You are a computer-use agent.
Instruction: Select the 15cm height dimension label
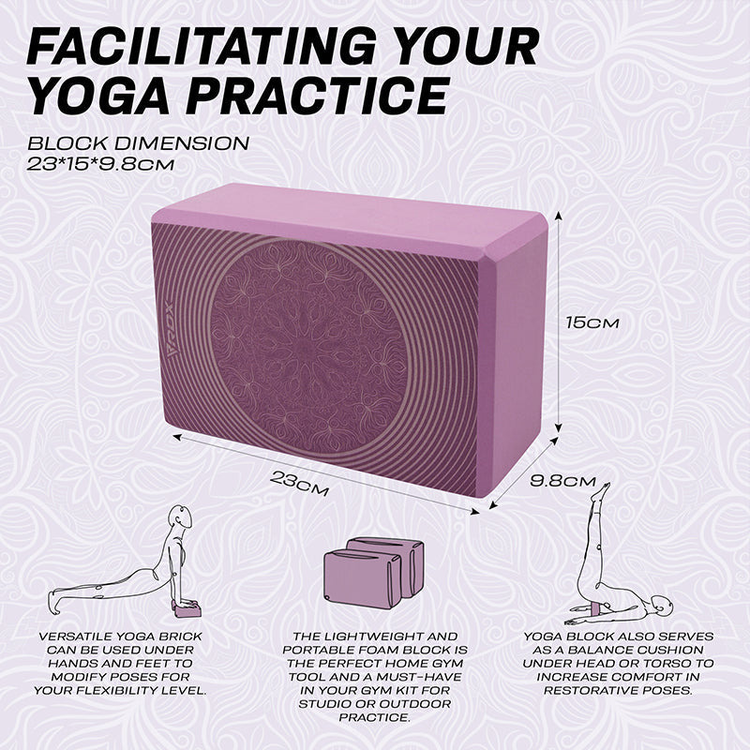click(x=592, y=322)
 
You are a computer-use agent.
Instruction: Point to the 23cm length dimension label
click(x=299, y=483)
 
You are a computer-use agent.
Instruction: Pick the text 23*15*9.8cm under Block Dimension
click(x=100, y=165)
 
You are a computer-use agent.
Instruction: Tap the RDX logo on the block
click(x=172, y=335)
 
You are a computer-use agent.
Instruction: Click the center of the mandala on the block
click(x=309, y=344)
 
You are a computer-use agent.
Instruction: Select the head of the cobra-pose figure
click(x=182, y=517)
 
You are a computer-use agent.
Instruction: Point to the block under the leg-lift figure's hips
click(x=598, y=608)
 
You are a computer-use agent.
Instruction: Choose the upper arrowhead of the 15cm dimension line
click(x=558, y=217)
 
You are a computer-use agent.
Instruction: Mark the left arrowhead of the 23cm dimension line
click(x=177, y=436)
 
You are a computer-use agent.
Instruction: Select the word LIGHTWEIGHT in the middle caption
click(x=377, y=637)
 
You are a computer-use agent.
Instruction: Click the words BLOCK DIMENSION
click(x=138, y=143)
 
